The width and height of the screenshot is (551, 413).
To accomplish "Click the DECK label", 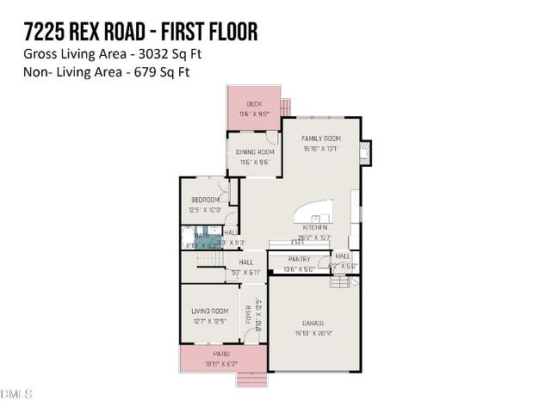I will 254,103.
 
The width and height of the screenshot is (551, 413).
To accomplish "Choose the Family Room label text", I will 321,139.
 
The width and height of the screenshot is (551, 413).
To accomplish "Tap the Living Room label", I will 209,311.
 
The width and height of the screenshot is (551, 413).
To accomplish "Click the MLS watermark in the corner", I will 15,395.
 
